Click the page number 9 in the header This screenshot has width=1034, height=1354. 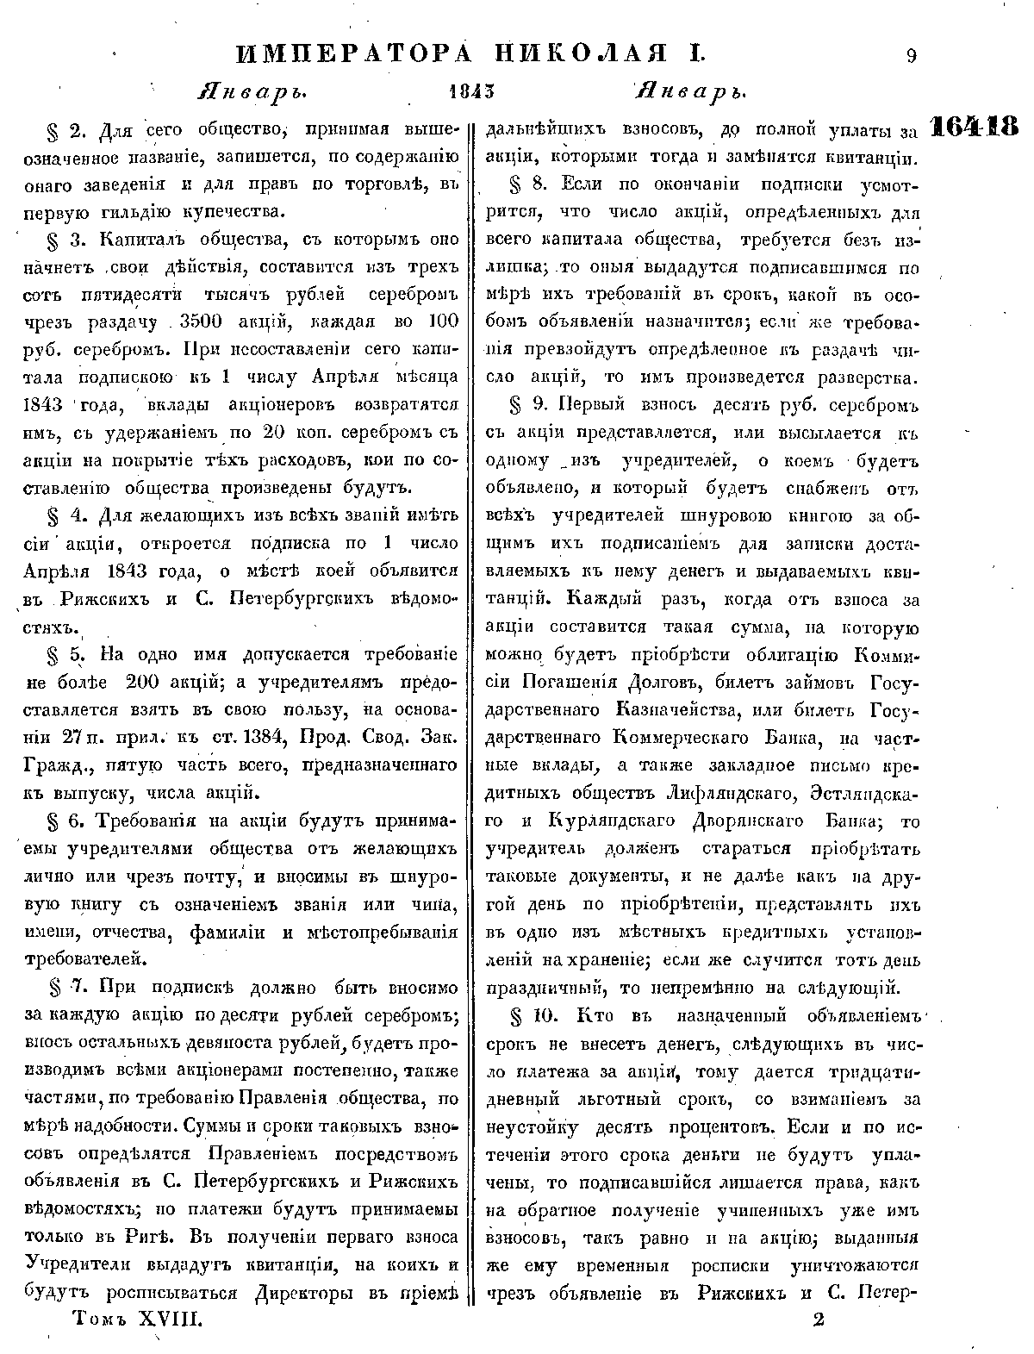[x=911, y=57]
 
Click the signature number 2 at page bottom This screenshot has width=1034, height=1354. [x=818, y=1320]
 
